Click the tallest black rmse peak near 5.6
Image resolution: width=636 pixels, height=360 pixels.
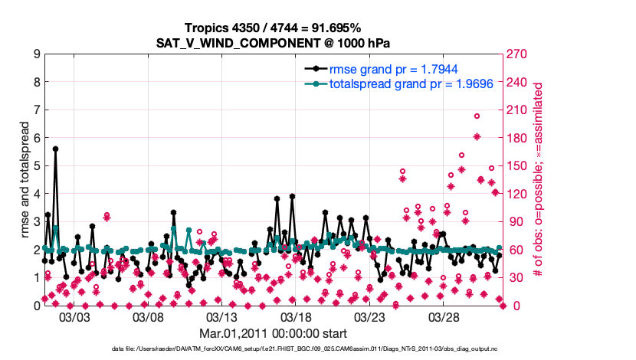pos(55,149)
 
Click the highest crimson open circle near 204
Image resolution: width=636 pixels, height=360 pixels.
pos(477,116)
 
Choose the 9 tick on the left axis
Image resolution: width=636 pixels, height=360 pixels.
pos(36,54)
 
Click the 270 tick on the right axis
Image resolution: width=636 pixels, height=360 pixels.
pos(519,54)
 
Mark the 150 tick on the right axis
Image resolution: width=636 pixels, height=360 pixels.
pos(519,166)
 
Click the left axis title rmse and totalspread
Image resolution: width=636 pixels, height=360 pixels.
pos(18,180)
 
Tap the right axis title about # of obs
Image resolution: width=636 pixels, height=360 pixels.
pos(539,180)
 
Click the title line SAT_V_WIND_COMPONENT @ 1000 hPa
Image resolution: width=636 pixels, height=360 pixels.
pos(274,41)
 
